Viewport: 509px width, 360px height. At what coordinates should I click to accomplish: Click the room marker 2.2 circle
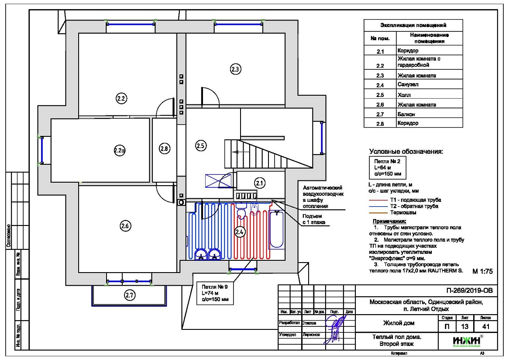tap(121, 99)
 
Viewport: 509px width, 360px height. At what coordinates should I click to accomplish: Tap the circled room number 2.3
tap(235, 69)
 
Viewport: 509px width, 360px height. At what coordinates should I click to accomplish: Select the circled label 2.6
tap(125, 226)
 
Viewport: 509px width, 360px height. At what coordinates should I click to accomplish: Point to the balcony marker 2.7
tap(129, 295)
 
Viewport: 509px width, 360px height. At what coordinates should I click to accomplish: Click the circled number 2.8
tap(164, 149)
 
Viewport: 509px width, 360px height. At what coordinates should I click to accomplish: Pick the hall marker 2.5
tap(200, 146)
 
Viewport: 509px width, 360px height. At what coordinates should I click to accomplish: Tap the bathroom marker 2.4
tap(239, 232)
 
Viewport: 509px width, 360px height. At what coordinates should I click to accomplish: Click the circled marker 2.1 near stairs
tap(260, 183)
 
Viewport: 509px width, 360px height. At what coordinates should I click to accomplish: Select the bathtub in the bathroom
tap(276, 229)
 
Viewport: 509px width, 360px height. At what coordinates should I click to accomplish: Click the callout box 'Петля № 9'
tap(213, 293)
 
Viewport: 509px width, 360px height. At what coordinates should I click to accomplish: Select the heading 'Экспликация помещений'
tap(413, 25)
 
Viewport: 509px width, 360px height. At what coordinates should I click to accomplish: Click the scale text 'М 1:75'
tap(482, 271)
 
